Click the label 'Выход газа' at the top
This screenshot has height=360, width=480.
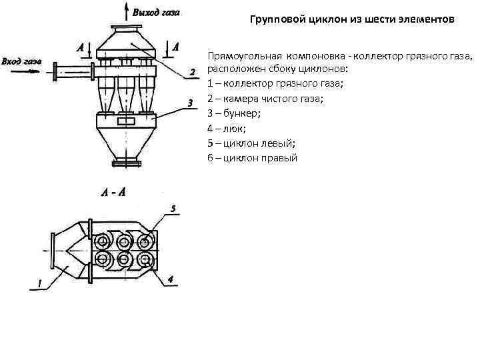[157, 12]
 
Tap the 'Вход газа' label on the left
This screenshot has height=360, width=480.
[22, 61]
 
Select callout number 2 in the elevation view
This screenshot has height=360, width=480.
[192, 71]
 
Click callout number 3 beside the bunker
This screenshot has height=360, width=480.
[191, 103]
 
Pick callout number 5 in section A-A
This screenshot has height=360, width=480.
[173, 209]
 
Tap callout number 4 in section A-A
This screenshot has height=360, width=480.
[171, 279]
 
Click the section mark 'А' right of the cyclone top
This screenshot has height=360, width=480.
[175, 47]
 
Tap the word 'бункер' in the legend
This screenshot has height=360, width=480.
[237, 113]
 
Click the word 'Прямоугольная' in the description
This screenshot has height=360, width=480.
[241, 55]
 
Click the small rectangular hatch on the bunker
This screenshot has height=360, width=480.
[125, 122]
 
